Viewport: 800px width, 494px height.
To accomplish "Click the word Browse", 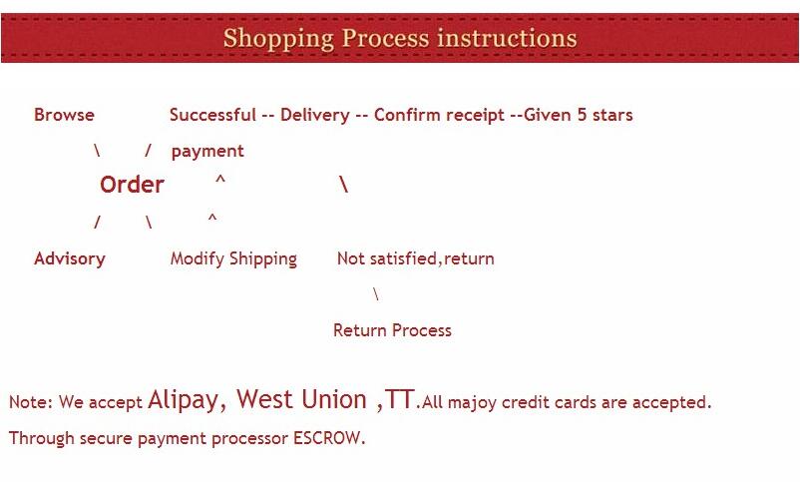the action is click(x=64, y=115).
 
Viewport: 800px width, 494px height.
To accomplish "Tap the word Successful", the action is click(x=212, y=115).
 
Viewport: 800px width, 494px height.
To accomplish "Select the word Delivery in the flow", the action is click(x=315, y=115).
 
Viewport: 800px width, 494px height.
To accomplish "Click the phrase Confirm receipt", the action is click(x=439, y=115).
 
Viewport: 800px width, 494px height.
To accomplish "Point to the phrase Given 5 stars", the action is click(x=579, y=115).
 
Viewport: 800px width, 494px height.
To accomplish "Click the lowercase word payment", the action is click(x=207, y=151).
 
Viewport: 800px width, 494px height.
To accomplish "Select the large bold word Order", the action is click(x=132, y=185).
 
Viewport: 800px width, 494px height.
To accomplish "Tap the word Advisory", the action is click(x=70, y=258).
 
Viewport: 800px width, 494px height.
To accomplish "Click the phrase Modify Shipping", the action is click(x=233, y=258).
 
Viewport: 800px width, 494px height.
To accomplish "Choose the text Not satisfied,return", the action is click(x=415, y=258).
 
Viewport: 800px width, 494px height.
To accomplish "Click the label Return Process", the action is click(x=392, y=330).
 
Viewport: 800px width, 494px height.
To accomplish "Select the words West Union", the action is click(x=301, y=399).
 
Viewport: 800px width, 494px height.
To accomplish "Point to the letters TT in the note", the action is click(x=399, y=399).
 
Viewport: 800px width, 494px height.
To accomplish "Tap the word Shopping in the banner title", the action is click(x=278, y=39).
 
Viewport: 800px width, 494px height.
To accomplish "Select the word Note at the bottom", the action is click(x=29, y=402).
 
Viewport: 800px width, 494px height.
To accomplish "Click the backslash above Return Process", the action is click(x=376, y=294).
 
